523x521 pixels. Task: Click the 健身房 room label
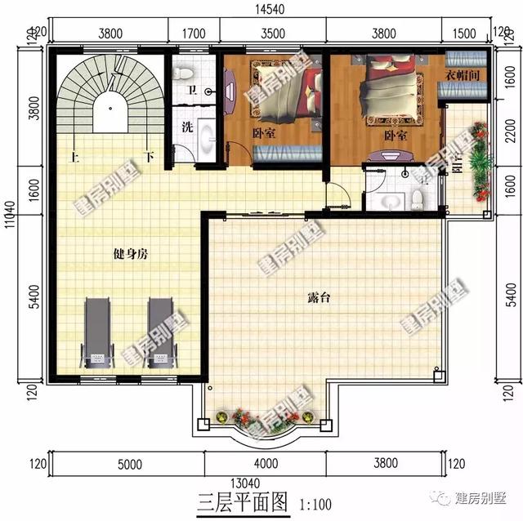(131, 254)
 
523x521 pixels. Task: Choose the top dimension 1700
(194, 33)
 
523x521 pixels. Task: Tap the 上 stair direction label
(74, 156)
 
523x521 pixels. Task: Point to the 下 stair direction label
(149, 156)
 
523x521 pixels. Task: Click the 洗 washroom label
(186, 127)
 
